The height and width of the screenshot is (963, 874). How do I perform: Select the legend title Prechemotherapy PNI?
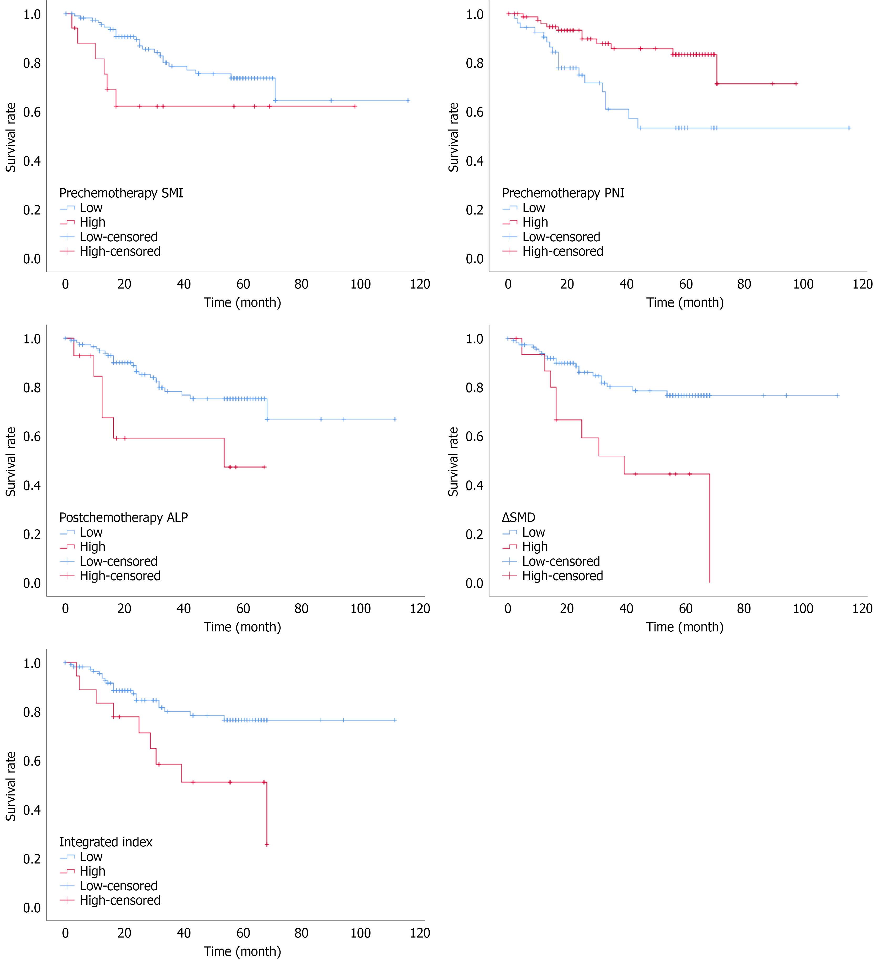563,193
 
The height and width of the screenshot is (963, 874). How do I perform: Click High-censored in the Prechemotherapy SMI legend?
120,251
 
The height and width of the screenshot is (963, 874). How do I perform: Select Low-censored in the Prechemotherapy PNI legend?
561,237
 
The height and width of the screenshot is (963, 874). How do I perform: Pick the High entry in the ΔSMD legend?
535,546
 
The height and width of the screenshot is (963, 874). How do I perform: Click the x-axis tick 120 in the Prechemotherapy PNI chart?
862,284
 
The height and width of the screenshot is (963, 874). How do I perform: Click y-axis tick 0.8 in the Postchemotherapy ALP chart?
32,388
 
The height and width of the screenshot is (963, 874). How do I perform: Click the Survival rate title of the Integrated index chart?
10,786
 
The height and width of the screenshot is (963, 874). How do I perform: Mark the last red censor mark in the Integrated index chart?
266,845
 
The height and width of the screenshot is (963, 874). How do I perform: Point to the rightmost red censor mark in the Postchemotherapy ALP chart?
264,467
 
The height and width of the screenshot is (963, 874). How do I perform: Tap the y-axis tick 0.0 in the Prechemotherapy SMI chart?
32,259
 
